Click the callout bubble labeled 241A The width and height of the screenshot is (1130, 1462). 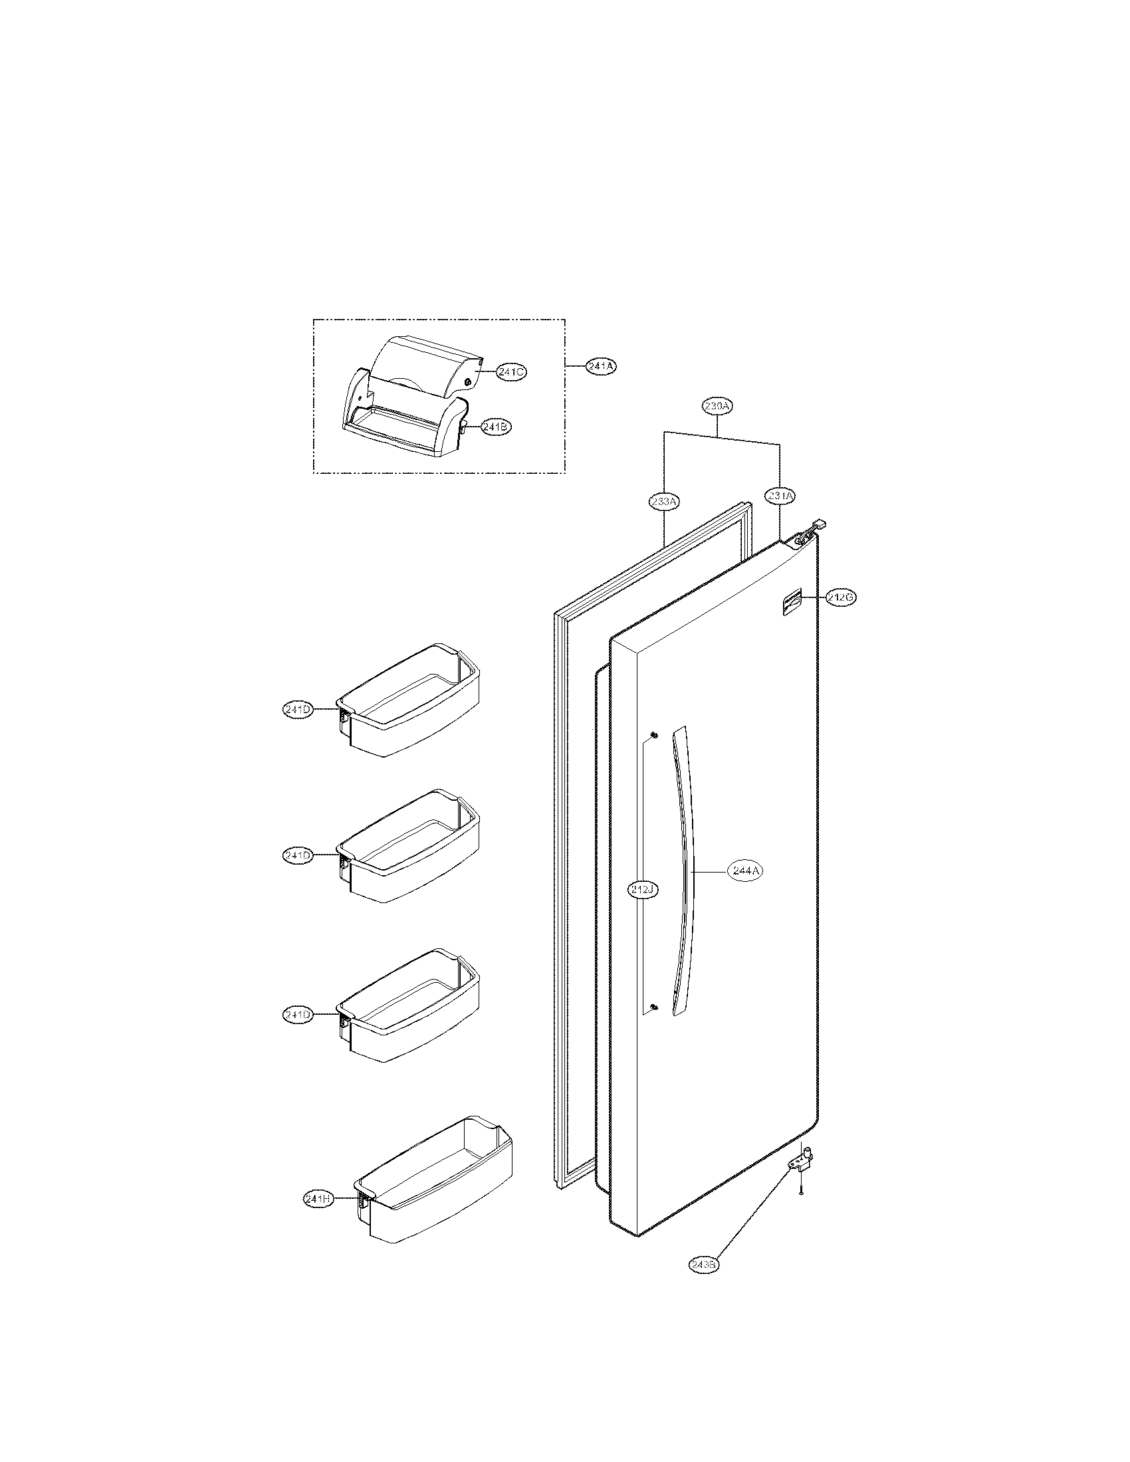pyautogui.click(x=600, y=366)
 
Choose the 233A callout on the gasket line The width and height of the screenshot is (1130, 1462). pyautogui.click(x=664, y=500)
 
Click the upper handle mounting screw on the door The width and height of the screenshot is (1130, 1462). pyautogui.click(x=654, y=736)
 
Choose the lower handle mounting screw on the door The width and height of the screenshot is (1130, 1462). pyautogui.click(x=654, y=1026)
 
